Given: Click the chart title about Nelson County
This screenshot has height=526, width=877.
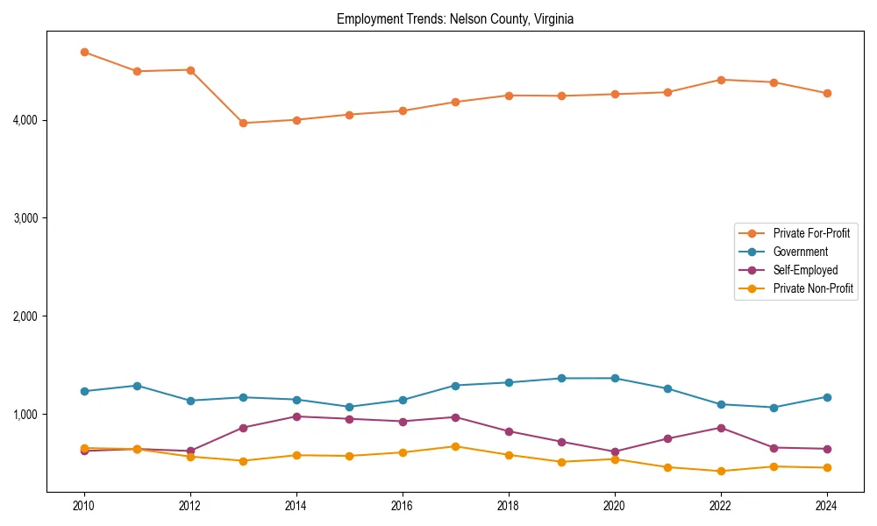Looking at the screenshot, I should (x=454, y=19).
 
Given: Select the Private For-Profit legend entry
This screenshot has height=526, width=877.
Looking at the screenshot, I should (x=810, y=233).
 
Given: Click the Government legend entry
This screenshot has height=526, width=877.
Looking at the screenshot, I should (x=800, y=252).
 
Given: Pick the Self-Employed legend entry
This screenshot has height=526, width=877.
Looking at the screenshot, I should (x=805, y=270).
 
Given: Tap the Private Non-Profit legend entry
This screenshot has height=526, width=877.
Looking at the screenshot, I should (x=813, y=288).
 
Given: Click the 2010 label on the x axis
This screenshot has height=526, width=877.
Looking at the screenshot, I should (x=84, y=506).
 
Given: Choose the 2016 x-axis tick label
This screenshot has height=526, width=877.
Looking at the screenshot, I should (x=403, y=506).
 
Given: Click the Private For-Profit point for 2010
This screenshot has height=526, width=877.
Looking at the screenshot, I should (x=84, y=52).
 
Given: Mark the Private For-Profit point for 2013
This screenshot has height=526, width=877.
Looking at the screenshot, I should (x=243, y=123).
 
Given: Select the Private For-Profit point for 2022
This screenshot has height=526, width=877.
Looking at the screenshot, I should (x=721, y=80).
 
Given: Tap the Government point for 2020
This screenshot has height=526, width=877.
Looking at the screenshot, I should (x=615, y=378).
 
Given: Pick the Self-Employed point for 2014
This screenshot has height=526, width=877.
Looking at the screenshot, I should (x=296, y=416).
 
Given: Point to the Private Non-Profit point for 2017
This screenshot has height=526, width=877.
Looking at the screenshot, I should (x=455, y=446).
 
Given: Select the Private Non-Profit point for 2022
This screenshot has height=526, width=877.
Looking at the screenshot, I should (x=721, y=471).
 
